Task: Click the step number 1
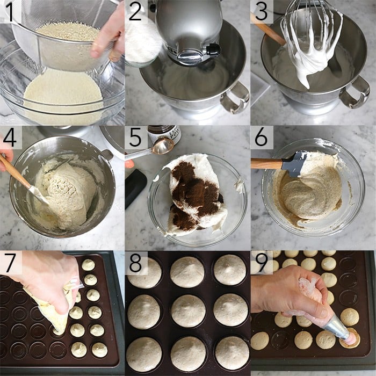pyautogui.click(x=10, y=12)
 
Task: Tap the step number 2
pyautogui.click(x=136, y=12)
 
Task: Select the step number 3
pyautogui.click(x=261, y=12)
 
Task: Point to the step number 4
pyautogui.click(x=10, y=138)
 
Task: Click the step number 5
pyautogui.click(x=136, y=138)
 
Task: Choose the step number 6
pyautogui.click(x=261, y=138)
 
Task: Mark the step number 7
pyautogui.click(x=10, y=263)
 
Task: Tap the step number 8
pyautogui.click(x=136, y=263)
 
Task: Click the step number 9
pyautogui.click(x=261, y=263)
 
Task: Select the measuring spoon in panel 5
pyautogui.click(x=161, y=147)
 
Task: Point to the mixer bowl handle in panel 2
pyautogui.click(x=236, y=97)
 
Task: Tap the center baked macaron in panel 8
pyautogui.click(x=187, y=310)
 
